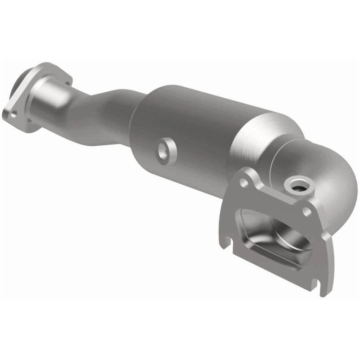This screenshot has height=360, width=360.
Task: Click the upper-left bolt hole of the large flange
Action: click(243, 182)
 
